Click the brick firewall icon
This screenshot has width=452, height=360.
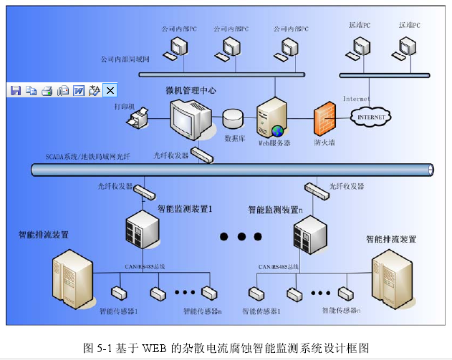(324, 119)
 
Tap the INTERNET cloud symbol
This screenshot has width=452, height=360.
(371, 117)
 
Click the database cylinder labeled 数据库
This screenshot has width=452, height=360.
(234, 118)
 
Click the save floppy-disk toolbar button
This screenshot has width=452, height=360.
(15, 90)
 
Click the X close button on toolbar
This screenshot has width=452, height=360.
(110, 90)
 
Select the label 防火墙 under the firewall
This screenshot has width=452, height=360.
(324, 142)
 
